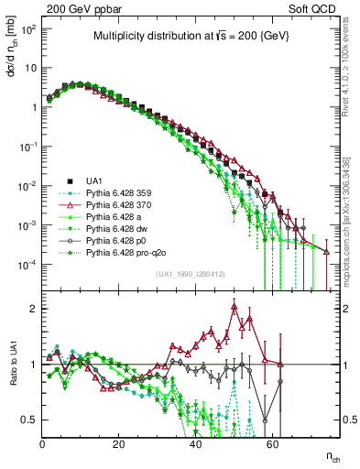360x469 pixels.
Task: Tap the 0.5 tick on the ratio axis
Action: (29, 420)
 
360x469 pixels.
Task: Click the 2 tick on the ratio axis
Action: (33, 309)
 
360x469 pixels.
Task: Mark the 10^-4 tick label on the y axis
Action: (27, 265)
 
